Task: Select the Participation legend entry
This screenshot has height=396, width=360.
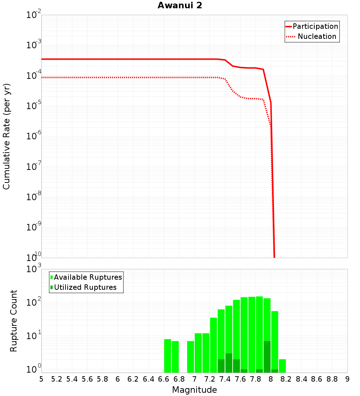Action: [315, 26]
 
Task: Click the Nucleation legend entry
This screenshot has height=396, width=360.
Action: [316, 36]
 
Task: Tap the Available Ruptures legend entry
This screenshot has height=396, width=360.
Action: [88, 277]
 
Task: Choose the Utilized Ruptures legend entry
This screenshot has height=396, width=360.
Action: [85, 287]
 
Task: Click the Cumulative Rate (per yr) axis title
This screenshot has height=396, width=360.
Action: [6, 136]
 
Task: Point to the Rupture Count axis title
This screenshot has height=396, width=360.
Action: [14, 321]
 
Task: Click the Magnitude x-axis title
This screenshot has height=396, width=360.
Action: [194, 390]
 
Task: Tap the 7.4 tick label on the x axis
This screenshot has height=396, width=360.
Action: [225, 379]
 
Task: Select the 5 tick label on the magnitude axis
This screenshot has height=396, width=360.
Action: [41, 379]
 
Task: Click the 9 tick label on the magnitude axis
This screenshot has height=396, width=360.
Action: [347, 379]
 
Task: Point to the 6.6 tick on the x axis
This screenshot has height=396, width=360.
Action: [164, 379]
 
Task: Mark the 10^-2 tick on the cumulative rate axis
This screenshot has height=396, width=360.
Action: [33, 15]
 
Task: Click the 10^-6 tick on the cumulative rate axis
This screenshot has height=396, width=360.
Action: [33, 136]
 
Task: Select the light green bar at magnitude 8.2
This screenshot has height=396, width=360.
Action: [282, 366]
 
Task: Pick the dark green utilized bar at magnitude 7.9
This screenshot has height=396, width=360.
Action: [267, 357]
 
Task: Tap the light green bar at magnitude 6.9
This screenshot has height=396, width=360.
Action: [190, 357]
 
